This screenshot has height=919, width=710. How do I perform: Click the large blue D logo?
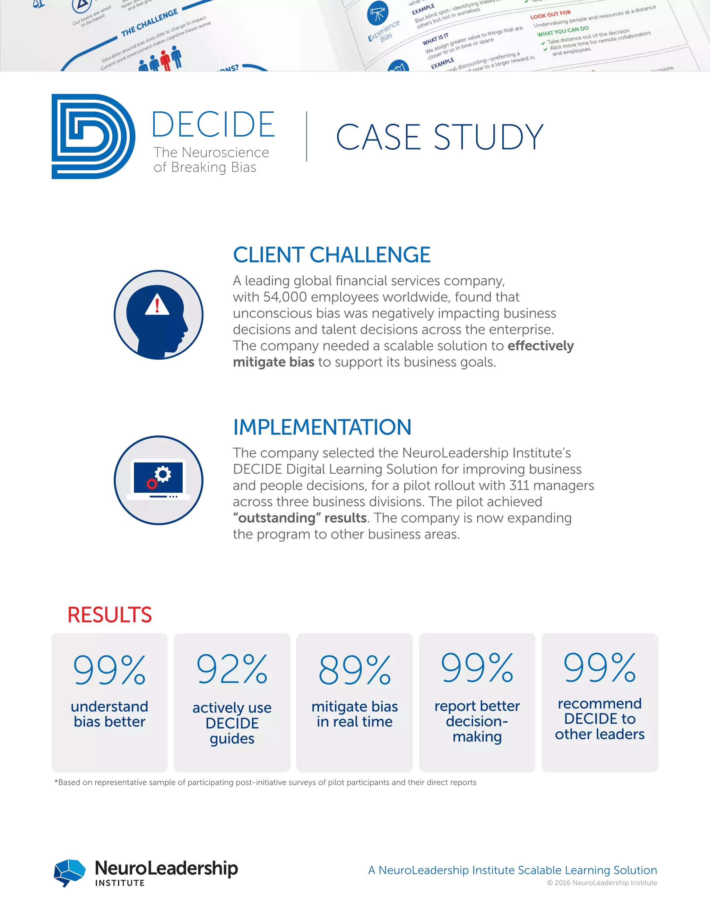tap(93, 136)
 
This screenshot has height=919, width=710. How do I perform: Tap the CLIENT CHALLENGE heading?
tap(332, 255)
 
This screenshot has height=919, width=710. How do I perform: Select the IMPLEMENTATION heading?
tap(322, 427)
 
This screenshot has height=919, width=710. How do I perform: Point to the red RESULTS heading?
tap(109, 615)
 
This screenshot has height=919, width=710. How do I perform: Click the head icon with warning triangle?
tap(158, 315)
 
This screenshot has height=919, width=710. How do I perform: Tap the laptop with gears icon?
tap(158, 480)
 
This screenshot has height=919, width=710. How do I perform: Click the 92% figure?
tap(232, 669)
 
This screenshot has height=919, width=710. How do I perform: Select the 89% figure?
tap(355, 670)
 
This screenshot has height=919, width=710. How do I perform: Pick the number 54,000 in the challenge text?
tap(285, 297)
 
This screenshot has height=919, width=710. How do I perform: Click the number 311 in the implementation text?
tap(519, 486)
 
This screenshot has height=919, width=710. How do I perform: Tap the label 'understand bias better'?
tap(109, 714)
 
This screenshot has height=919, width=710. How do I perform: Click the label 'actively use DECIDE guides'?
tap(232, 723)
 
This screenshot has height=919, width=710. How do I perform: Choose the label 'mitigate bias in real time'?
tap(355, 714)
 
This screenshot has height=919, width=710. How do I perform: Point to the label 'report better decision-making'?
tap(477, 721)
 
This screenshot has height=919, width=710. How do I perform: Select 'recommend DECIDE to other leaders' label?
tap(599, 719)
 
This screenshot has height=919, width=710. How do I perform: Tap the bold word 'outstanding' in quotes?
tap(277, 518)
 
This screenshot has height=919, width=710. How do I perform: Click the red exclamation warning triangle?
tap(157, 304)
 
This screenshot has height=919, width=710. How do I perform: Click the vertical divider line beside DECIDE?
tap(306, 137)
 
